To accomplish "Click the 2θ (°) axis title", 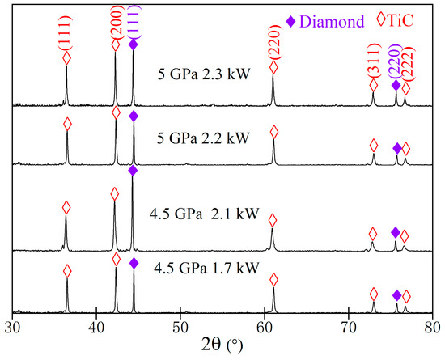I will (x=222, y=347).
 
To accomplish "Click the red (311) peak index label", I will (x=373, y=59).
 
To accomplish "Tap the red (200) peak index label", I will (x=115, y=23).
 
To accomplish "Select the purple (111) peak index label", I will (x=133, y=22).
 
